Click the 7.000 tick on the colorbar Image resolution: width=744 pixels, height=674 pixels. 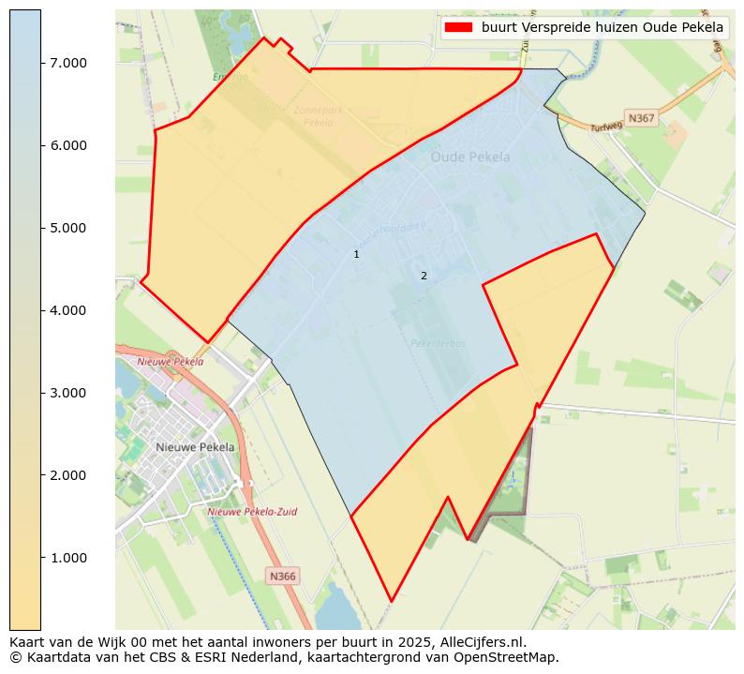pos(67,63)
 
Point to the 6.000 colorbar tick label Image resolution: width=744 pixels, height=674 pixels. pos(67,145)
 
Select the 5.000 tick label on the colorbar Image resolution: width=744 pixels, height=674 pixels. pos(67,228)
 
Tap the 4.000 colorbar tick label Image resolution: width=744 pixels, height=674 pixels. pos(67,310)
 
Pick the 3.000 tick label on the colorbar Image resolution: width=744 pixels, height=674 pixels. pos(67,393)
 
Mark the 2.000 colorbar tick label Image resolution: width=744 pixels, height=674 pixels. pos(67,475)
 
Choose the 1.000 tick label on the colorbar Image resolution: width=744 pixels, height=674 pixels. pos(67,558)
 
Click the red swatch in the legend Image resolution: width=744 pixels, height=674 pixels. pos(458,28)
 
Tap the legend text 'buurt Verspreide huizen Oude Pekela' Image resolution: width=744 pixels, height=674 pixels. pos(603,28)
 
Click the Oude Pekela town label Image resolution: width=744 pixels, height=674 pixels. pos(470,157)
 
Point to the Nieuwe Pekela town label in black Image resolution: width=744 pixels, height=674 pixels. pos(196,447)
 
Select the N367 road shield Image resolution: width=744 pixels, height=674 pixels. pos(642,118)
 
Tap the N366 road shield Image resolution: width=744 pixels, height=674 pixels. pos(282,577)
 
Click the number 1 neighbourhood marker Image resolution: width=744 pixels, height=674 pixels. pos(356,254)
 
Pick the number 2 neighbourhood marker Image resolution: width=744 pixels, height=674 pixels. pos(424,276)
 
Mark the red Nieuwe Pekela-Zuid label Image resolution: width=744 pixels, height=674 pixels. pos(252,512)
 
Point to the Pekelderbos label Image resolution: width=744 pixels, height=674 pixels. pos(438,343)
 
